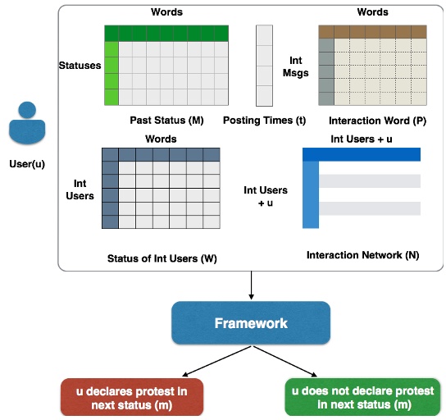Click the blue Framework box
tap(250, 322)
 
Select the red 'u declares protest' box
tap(131, 398)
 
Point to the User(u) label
tap(28, 163)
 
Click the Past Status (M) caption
tap(166, 121)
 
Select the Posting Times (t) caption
tap(264, 121)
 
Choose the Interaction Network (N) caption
tap(362, 255)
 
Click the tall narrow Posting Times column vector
tap(264, 66)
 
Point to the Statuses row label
tap(80, 64)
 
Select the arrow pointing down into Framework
tap(250, 285)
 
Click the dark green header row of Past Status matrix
tap(166, 33)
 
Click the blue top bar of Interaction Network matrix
tap(361, 154)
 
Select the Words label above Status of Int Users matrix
tap(161, 139)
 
